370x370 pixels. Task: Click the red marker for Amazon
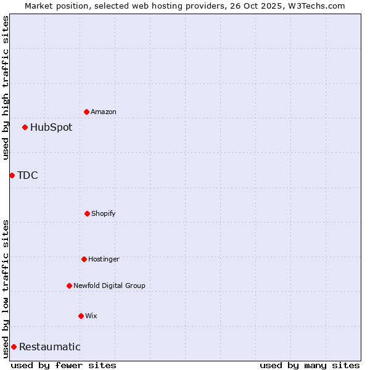click(x=87, y=112)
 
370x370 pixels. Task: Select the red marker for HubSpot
click(x=25, y=128)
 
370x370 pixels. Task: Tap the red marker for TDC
click(x=12, y=176)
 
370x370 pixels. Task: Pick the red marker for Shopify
click(x=87, y=213)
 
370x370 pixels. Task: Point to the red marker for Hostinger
click(x=84, y=259)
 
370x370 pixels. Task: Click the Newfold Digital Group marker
click(x=69, y=286)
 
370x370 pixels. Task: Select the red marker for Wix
click(x=81, y=316)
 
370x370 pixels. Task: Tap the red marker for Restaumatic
click(x=14, y=347)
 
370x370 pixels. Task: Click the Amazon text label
click(x=104, y=112)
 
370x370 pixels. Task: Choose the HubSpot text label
click(x=51, y=128)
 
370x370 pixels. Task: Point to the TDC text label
click(x=28, y=176)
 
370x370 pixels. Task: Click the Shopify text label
click(x=104, y=213)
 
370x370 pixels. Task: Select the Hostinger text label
click(x=104, y=259)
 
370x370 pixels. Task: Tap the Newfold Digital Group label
click(x=109, y=286)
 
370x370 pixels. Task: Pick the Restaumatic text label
click(x=50, y=347)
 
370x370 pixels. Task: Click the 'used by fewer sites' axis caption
click(x=64, y=365)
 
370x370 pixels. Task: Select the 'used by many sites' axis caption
click(x=310, y=365)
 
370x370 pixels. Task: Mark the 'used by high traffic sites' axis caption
click(x=6, y=88)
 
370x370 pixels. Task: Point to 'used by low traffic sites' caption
click(x=6, y=289)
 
